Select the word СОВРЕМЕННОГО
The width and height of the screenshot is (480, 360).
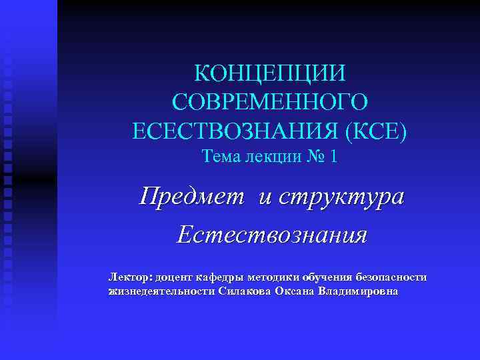270,101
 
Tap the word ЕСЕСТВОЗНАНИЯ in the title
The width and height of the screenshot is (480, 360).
237,130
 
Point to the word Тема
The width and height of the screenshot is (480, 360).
221,157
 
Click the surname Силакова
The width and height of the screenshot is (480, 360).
245,291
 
